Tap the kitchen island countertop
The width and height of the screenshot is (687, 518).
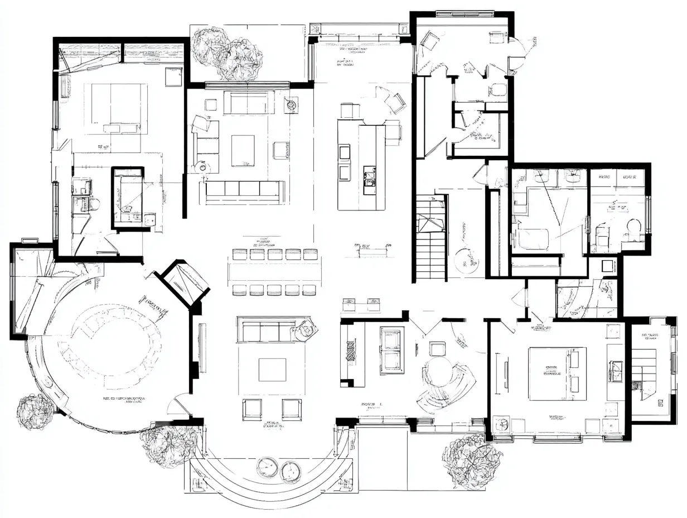click(x=361, y=166)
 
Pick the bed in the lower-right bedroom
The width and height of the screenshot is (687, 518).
click(x=557, y=373)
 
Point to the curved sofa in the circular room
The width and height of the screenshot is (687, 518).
click(x=112, y=340)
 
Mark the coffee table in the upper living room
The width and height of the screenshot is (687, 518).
click(x=243, y=150)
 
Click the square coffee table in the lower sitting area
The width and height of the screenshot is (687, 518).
click(x=272, y=370)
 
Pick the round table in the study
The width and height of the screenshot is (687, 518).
click(x=438, y=371)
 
